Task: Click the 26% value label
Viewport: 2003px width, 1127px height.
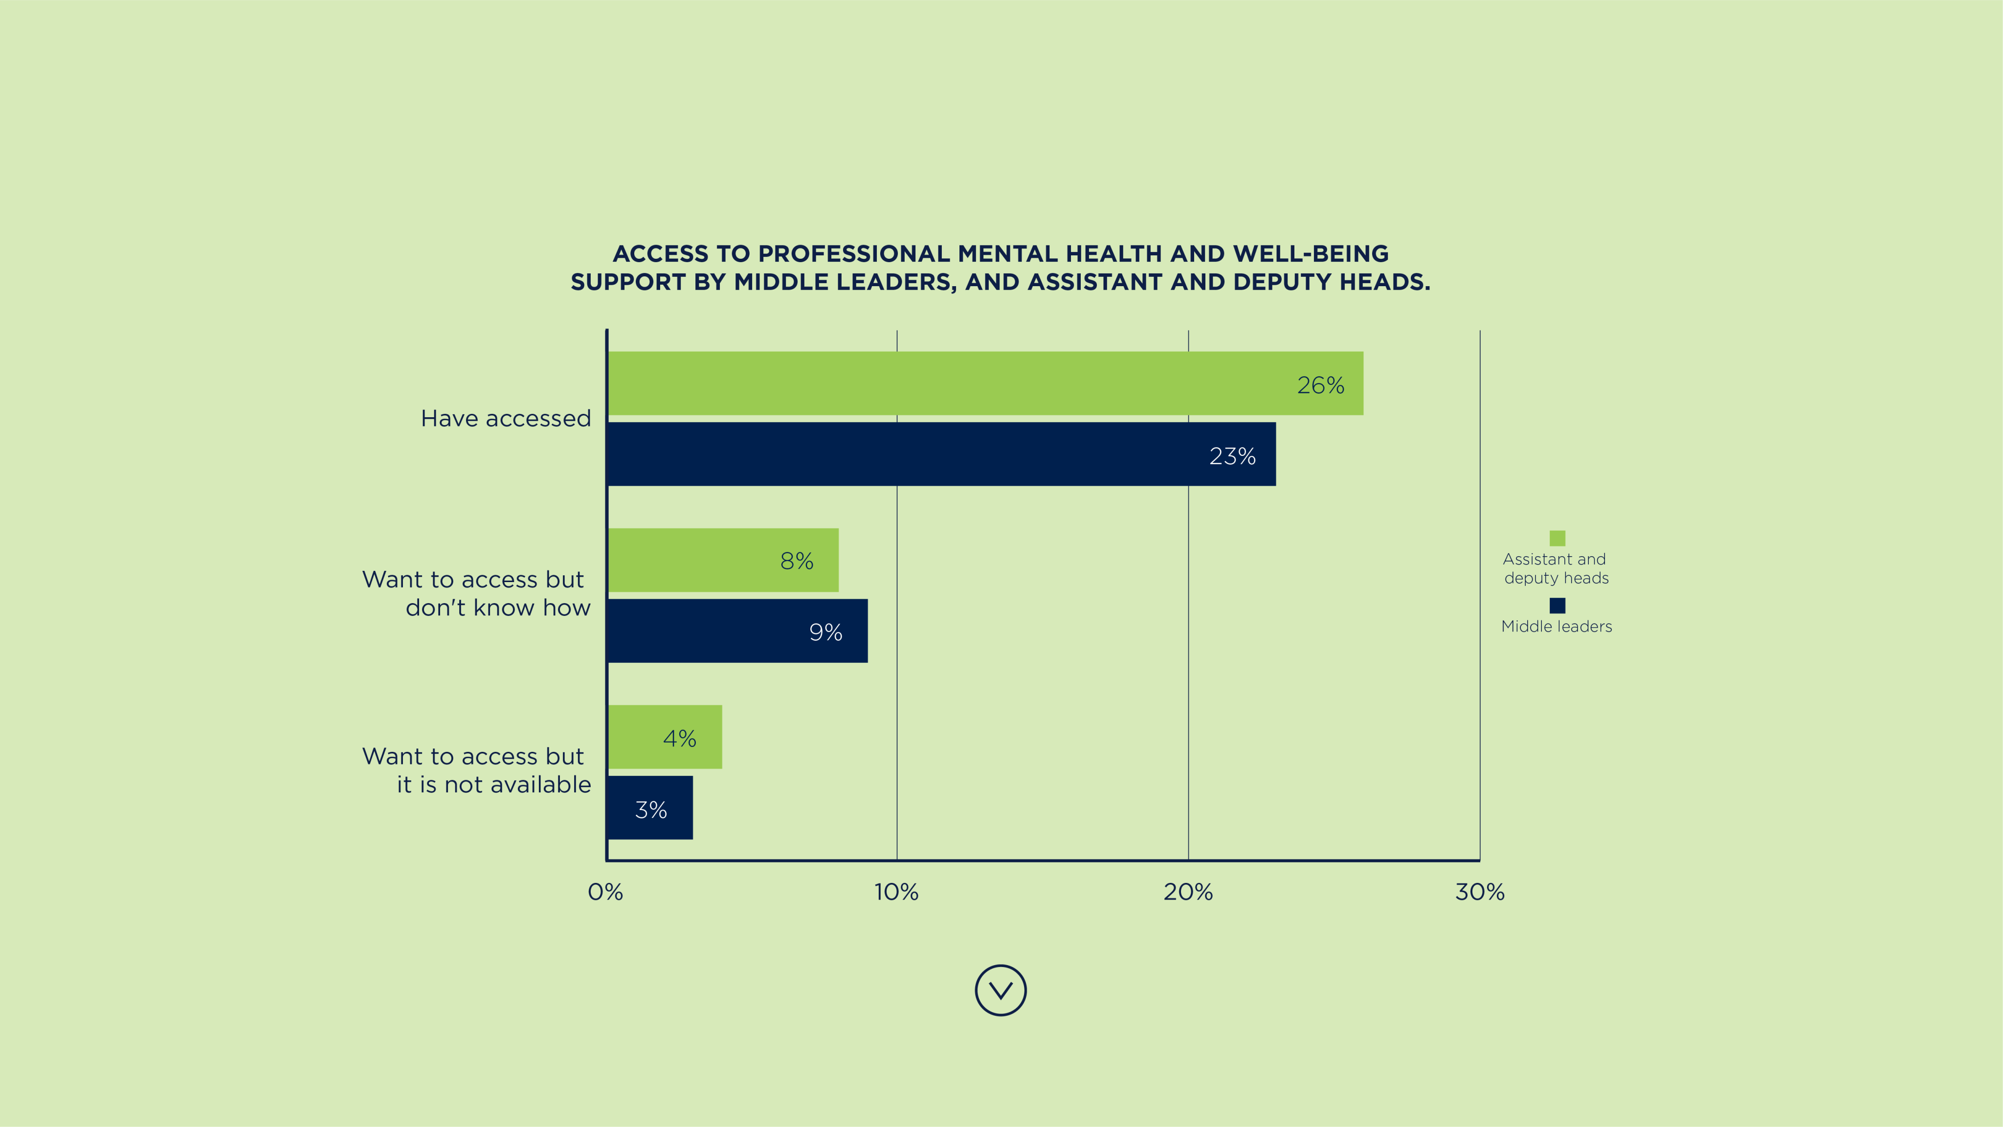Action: pos(1320,385)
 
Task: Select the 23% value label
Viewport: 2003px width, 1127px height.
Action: pos(1232,456)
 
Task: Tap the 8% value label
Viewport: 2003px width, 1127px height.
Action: pos(796,561)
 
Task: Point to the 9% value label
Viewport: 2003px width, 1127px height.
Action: pos(825,632)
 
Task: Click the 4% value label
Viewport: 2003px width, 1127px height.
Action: pos(679,738)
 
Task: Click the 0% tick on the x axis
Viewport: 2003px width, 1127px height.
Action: pos(605,892)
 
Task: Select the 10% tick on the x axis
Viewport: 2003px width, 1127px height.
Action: pos(896,892)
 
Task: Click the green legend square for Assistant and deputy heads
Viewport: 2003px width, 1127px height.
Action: pos(1557,538)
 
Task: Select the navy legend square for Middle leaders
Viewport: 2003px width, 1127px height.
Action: pos(1557,605)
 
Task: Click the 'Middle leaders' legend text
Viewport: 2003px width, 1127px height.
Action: pos(1556,626)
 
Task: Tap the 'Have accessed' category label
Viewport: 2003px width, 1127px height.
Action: pos(506,418)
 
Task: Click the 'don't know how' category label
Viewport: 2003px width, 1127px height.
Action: pos(498,608)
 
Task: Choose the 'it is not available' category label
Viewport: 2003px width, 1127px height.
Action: pos(494,784)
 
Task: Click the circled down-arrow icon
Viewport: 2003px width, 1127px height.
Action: pos(1001,990)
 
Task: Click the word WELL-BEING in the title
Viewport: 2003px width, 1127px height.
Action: pos(1310,253)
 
